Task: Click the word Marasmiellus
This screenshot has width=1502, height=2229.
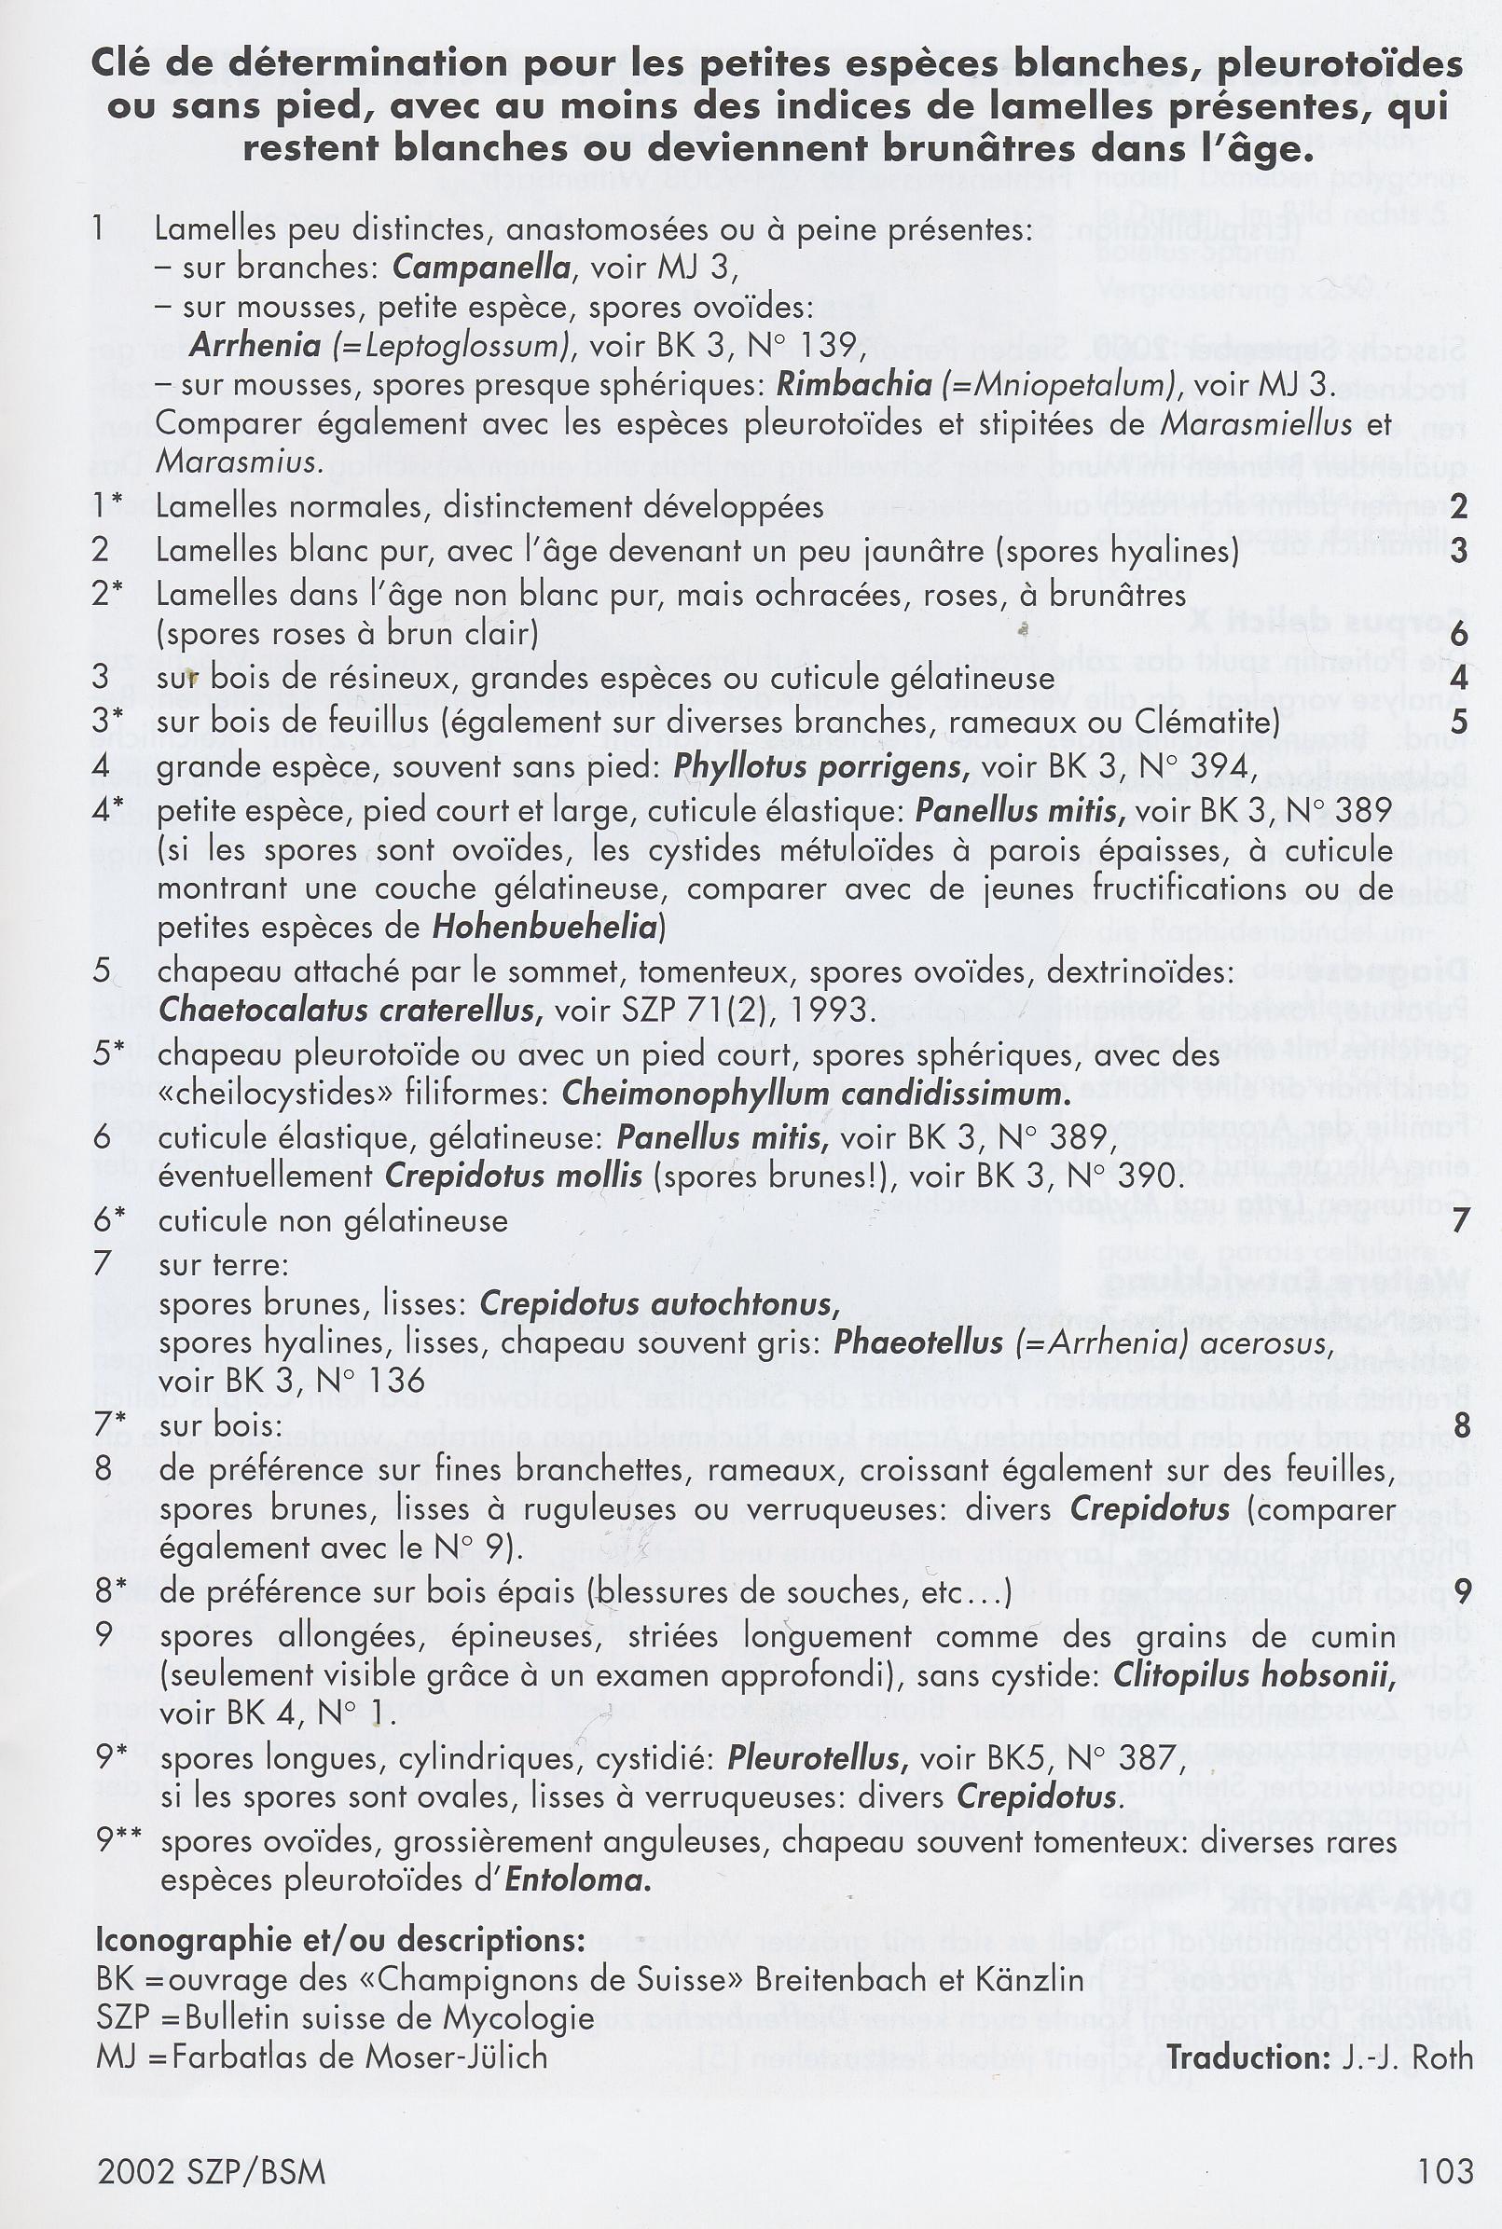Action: click(1282, 423)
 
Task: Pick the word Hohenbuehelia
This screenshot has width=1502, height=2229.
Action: click(545, 928)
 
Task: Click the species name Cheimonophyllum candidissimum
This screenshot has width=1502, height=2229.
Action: click(817, 1094)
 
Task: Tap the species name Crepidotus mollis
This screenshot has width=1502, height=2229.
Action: click(514, 1176)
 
